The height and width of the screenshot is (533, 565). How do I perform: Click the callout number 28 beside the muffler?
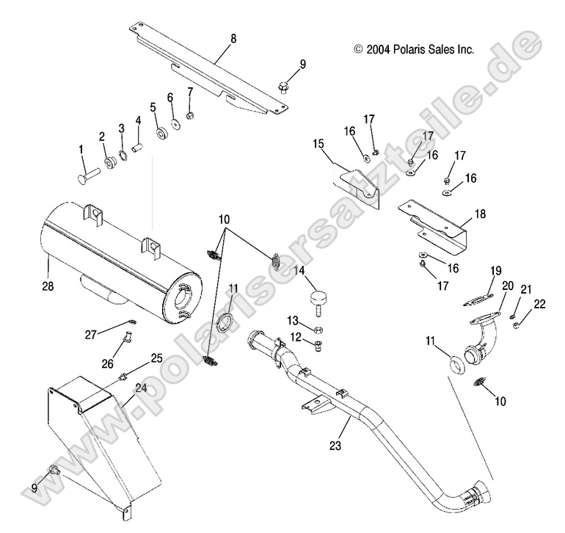(x=48, y=280)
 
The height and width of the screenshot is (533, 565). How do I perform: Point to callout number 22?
(x=540, y=304)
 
